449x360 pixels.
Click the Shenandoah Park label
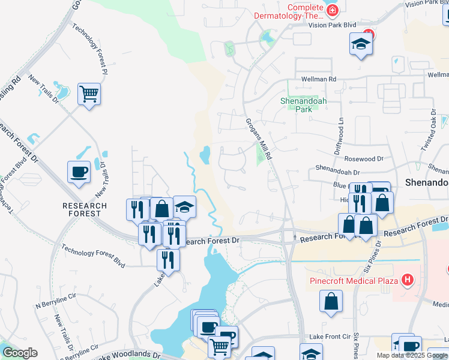304,105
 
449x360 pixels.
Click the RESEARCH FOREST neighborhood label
85,210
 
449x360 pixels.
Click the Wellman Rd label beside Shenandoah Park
319,79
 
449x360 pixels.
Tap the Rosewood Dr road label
364,159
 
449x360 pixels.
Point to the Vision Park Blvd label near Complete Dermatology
332,26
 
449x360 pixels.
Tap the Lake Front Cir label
329,337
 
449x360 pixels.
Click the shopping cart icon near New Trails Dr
89,93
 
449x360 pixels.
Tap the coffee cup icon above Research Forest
79,172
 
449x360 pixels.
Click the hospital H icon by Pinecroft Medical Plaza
408,280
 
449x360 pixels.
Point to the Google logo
20,353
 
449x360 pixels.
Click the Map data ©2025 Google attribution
412,355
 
